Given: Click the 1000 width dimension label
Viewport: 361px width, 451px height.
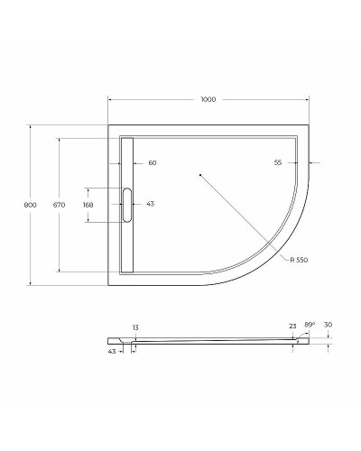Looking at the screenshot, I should pyautogui.click(x=209, y=99).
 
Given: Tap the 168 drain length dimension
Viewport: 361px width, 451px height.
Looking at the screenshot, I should pyautogui.click(x=88, y=205).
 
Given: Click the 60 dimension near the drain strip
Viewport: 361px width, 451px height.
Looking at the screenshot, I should pyautogui.click(x=152, y=163).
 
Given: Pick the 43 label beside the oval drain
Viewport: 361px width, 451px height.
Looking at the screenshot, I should pyautogui.click(x=150, y=205).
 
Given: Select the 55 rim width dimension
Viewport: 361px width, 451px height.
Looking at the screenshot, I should pyautogui.click(x=278, y=163).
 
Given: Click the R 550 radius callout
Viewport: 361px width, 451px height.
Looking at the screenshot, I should pyautogui.click(x=300, y=261).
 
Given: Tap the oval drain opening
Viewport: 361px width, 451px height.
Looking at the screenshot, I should pyautogui.click(x=126, y=205).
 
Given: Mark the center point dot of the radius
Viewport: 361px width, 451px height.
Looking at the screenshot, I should pyautogui.click(x=199, y=174).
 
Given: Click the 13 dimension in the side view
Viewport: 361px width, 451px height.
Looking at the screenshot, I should pyautogui.click(x=135, y=327).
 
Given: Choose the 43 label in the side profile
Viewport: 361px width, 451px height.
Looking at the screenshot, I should pyautogui.click(x=111, y=353).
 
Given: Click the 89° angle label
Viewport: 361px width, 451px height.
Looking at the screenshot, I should pyautogui.click(x=310, y=326).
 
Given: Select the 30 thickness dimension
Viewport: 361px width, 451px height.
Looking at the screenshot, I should pyautogui.click(x=329, y=326).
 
